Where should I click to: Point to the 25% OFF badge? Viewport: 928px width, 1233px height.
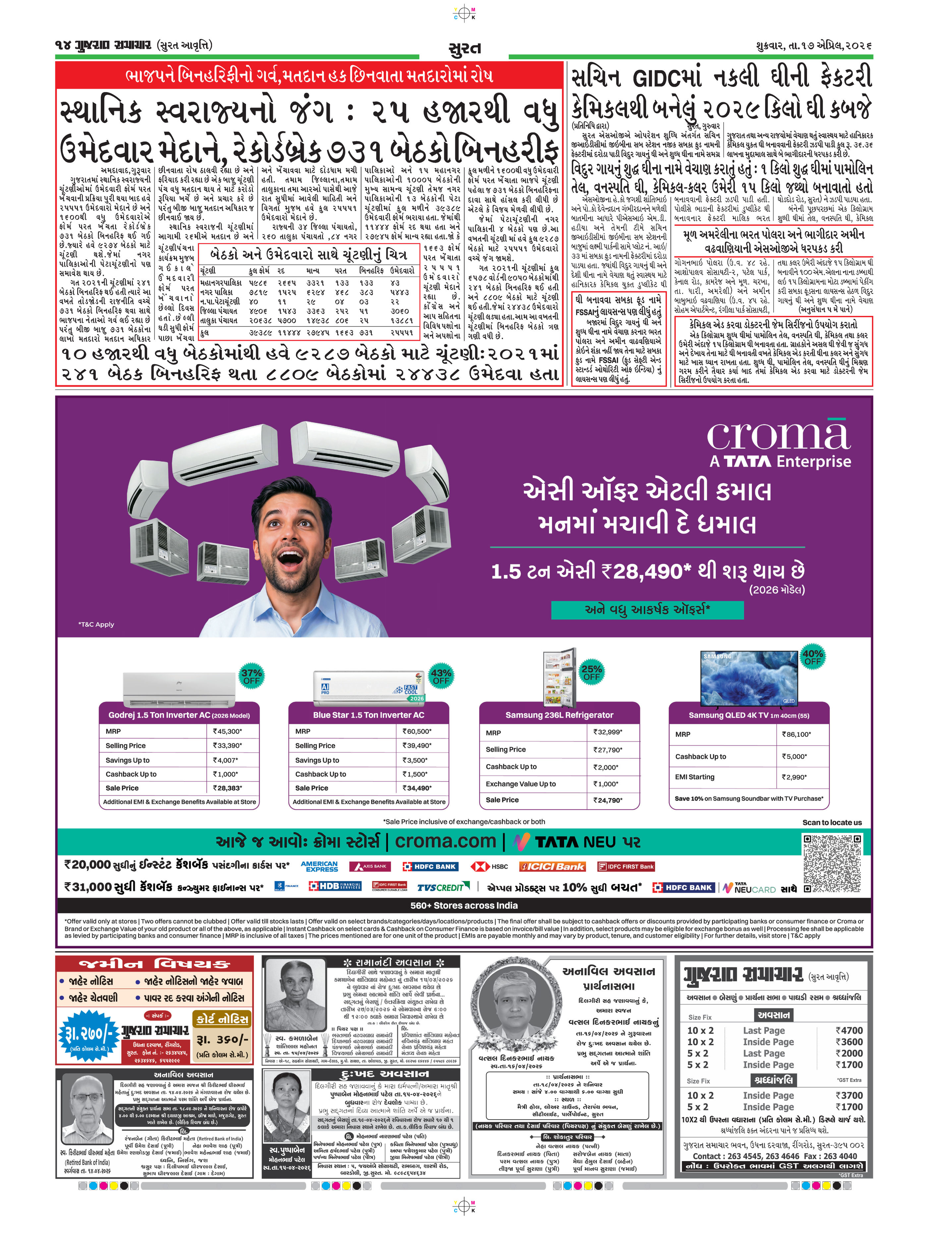coord(591,672)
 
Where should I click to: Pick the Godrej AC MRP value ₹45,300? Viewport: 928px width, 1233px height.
coord(227,731)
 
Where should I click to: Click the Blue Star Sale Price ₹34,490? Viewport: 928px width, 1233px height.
coord(417,788)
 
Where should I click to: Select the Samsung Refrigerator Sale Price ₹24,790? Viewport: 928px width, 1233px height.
coord(608,800)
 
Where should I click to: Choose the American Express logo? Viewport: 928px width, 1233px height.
coord(319,866)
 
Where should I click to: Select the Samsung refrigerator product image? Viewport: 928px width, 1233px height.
coord(559,677)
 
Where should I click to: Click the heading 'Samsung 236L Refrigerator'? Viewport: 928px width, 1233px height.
coord(559,715)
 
